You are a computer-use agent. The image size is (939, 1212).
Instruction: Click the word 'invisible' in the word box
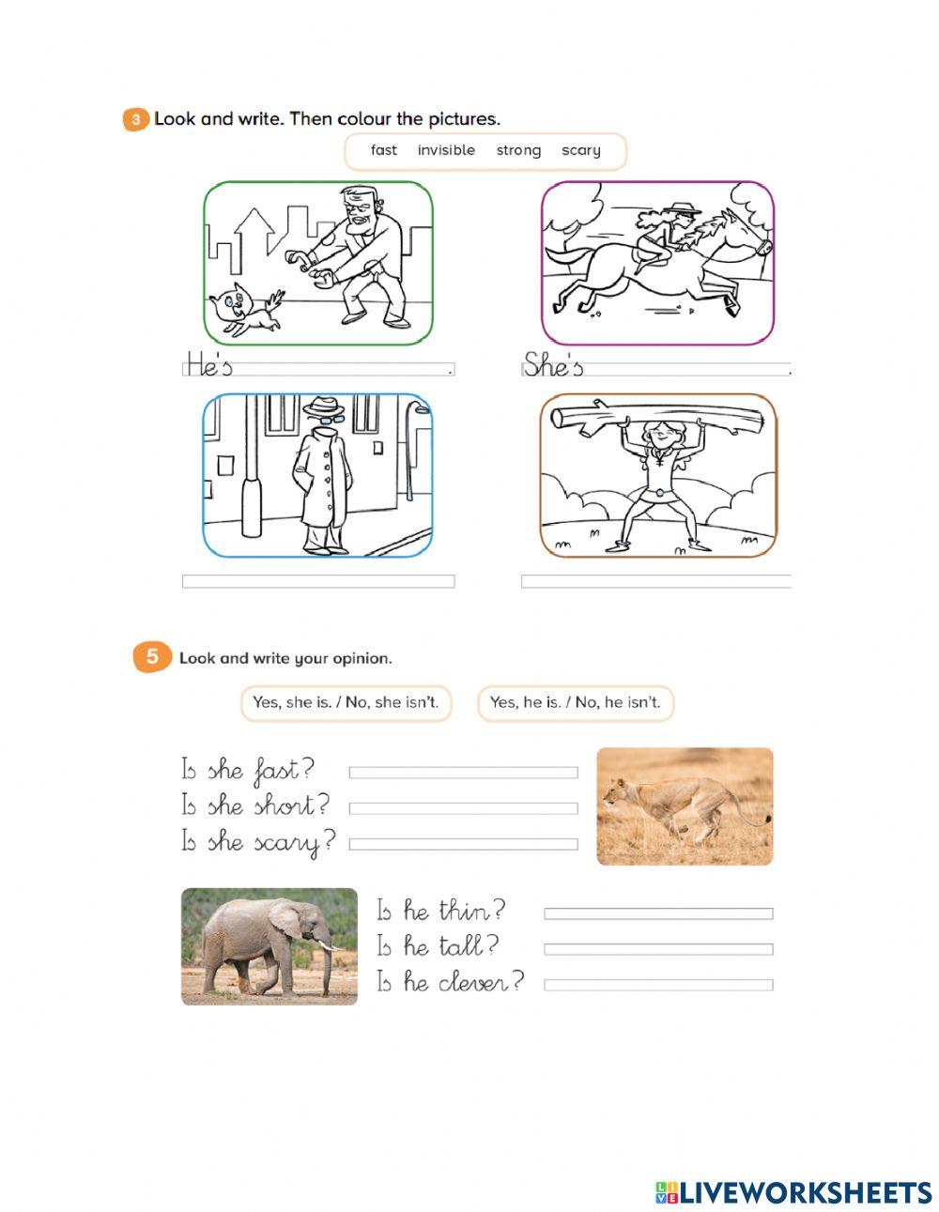[x=446, y=150]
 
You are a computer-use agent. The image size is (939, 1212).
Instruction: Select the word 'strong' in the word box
[x=518, y=151]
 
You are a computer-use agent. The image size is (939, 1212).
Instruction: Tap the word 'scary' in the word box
[x=581, y=151]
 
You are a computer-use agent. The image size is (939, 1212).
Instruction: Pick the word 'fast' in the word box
[x=384, y=150]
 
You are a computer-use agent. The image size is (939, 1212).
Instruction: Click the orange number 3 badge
[x=135, y=120]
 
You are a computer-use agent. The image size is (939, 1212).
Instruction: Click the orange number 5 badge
[x=152, y=657]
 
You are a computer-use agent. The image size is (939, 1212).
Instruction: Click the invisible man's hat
[x=323, y=406]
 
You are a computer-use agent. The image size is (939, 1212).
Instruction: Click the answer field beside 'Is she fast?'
[x=463, y=773]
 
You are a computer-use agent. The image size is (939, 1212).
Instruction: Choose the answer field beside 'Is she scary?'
[x=463, y=844]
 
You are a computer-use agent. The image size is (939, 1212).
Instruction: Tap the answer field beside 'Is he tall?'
[x=658, y=949]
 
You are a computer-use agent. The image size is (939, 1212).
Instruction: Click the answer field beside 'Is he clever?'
[x=658, y=985]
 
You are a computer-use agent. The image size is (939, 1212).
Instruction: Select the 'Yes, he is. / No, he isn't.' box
[x=576, y=703]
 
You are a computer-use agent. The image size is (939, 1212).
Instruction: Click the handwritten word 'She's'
[x=553, y=365]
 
